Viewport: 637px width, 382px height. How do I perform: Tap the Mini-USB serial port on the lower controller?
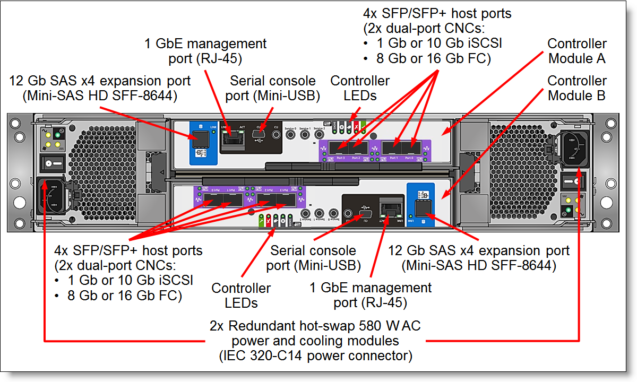pos(364,215)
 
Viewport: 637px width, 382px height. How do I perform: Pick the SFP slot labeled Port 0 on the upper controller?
pos(409,147)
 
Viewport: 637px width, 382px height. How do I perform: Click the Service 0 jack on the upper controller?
pos(290,136)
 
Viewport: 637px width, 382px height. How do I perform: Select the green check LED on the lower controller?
pos(261,220)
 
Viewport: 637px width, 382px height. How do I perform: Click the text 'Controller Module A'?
pos(576,51)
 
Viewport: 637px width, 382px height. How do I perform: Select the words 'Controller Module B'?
pos(576,89)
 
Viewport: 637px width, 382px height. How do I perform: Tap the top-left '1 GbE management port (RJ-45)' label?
pos(205,51)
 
